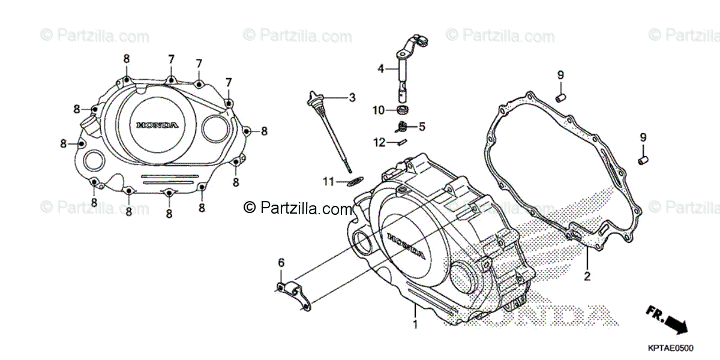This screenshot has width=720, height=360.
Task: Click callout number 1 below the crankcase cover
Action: (x=415, y=325)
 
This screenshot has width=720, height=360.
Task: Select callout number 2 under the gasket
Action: (x=587, y=277)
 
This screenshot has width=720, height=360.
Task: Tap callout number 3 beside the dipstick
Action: (x=352, y=97)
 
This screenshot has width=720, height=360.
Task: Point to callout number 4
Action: (x=380, y=68)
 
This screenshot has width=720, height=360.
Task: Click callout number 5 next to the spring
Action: (x=422, y=127)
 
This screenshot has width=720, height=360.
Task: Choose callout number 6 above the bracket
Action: (x=280, y=263)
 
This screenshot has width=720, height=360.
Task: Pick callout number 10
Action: (x=380, y=110)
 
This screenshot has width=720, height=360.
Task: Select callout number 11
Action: (x=327, y=181)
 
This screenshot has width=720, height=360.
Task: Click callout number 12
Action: (x=379, y=142)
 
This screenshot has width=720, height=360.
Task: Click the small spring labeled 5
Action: (x=403, y=126)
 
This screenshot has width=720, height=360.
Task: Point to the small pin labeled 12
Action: (x=401, y=142)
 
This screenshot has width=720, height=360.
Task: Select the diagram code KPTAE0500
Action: (x=670, y=348)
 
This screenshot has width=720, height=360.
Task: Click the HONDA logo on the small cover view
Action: (x=157, y=125)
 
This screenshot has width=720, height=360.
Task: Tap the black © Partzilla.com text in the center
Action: (x=298, y=208)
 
